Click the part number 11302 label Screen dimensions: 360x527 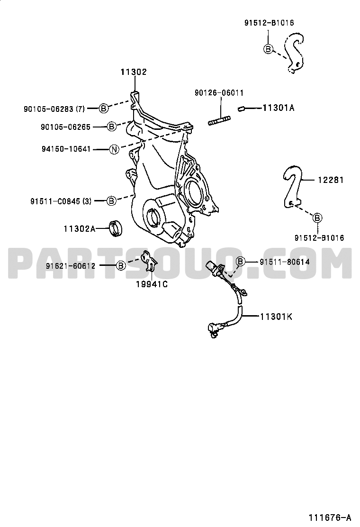click(134, 72)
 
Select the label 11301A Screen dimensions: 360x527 click(279, 108)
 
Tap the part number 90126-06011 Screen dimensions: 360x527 click(219, 93)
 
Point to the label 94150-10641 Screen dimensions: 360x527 click(66, 149)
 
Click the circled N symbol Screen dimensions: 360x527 click(115, 149)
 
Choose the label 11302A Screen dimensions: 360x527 click(80, 229)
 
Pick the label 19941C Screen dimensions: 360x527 click(152, 284)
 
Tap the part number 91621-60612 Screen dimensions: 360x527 click(71, 266)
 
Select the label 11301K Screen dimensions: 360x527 click(276, 317)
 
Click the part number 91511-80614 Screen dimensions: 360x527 click(284, 262)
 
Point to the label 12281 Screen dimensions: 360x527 click(331, 180)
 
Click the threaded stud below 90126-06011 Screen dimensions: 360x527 click(219, 121)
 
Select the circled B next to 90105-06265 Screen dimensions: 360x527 click(111, 127)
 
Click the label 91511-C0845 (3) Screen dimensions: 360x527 click(61, 201)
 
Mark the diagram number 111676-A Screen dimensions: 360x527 click(330, 517)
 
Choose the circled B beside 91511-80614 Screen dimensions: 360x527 click(241, 262)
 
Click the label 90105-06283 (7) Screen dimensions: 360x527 click(54, 109)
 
